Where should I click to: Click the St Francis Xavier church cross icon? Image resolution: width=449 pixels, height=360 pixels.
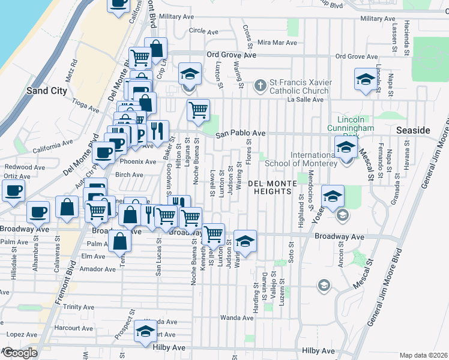tap(260, 85)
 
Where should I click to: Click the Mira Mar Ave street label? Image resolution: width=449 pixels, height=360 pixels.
tap(277, 43)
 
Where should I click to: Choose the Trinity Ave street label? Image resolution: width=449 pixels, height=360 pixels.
tap(79, 307)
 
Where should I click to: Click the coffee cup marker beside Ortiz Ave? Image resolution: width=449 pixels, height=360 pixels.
tap(13, 191)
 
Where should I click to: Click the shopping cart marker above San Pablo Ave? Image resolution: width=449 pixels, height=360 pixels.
tap(198, 110)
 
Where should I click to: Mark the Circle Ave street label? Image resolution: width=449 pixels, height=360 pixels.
tap(202, 30)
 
